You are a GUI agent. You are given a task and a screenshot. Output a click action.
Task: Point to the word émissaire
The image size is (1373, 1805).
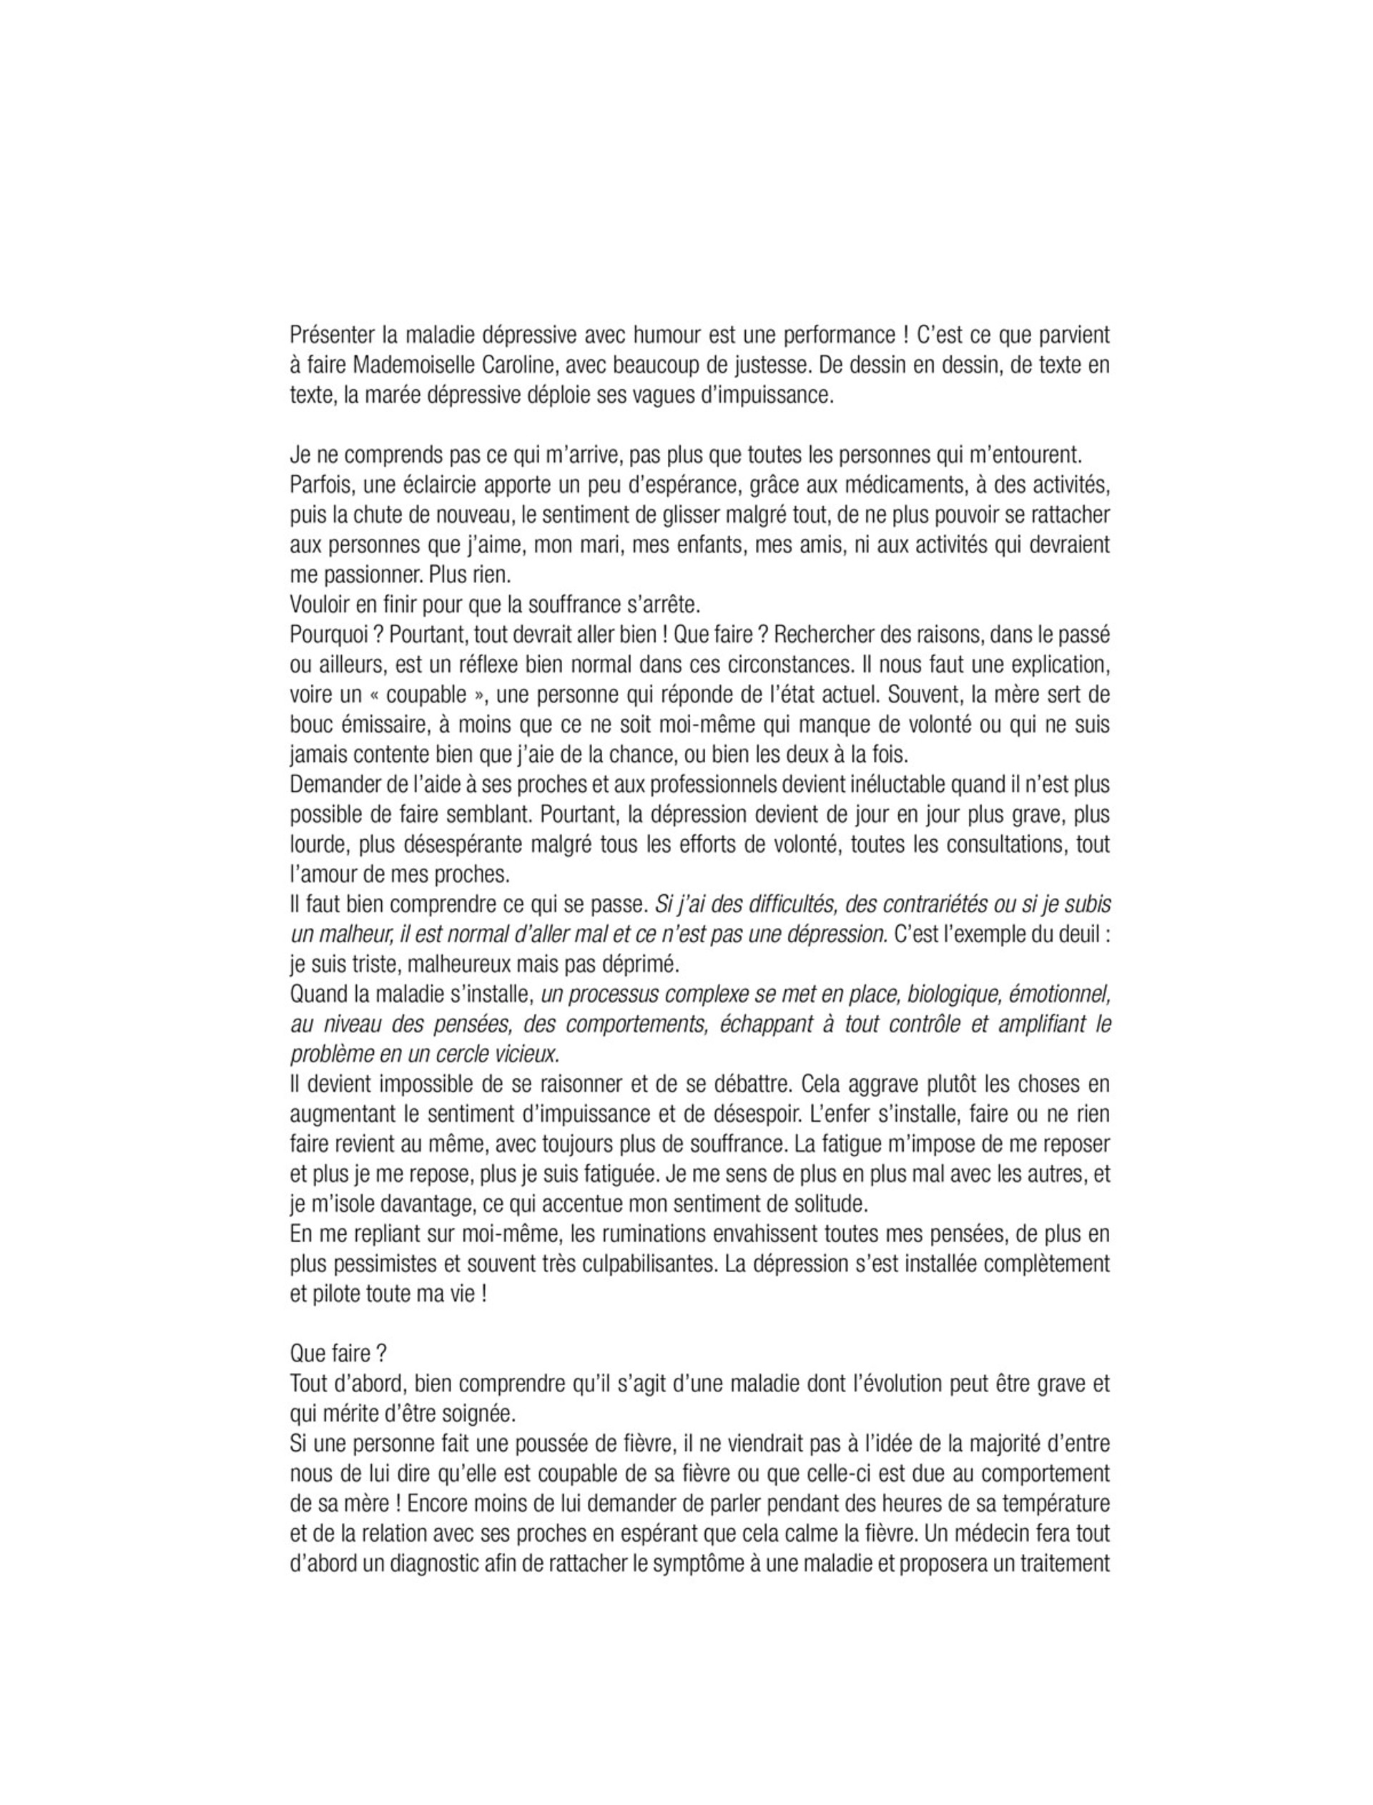(x=374, y=724)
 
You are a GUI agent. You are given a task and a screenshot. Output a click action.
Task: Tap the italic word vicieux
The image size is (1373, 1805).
(x=525, y=1054)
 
